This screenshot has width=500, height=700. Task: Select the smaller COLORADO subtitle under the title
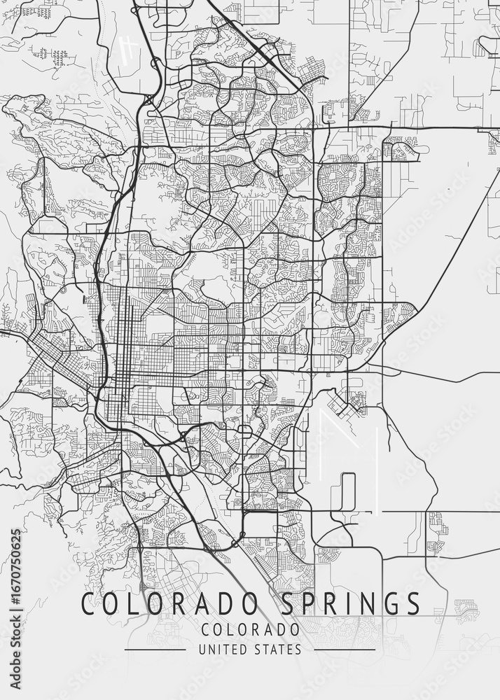250,629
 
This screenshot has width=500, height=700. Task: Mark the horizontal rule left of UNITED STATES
155,650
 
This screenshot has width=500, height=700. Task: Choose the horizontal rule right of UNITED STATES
345,650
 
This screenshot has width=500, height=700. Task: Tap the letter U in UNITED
202,650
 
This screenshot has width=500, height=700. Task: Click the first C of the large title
88,603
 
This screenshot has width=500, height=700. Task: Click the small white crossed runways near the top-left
128,50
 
